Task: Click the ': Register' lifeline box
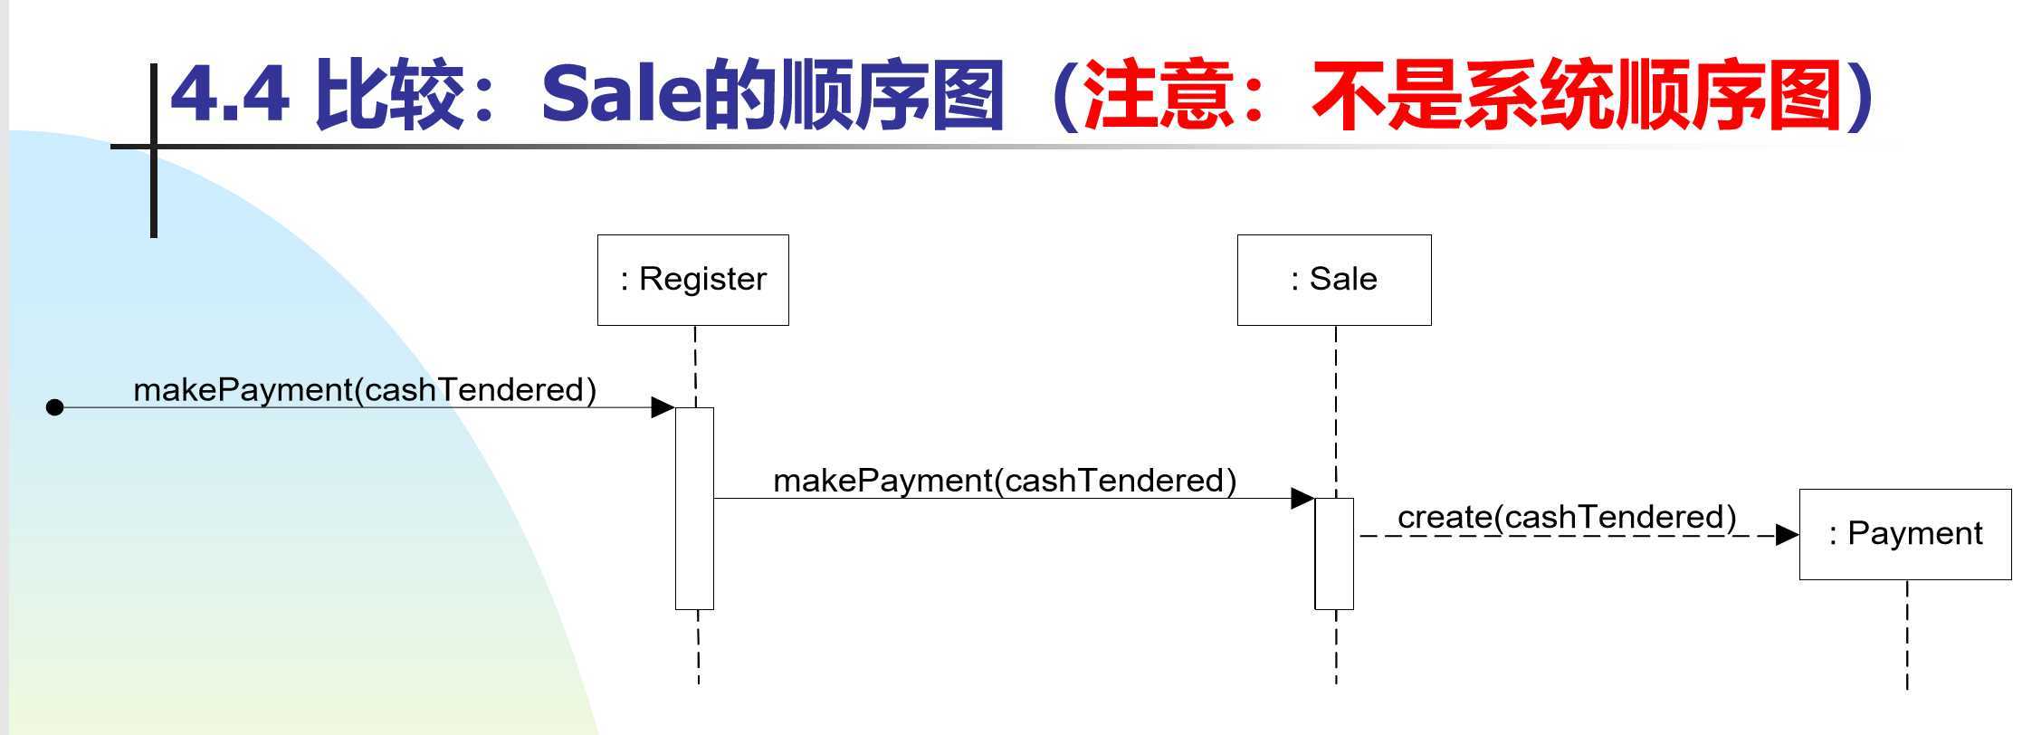[x=692, y=280]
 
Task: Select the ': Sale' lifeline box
[x=1333, y=280]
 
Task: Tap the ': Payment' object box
[x=1904, y=534]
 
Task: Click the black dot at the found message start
[x=54, y=407]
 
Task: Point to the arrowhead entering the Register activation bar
[x=663, y=407]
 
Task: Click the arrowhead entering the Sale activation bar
[x=1302, y=498]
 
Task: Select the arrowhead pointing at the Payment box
[x=1787, y=535]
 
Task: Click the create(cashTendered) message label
[x=1567, y=517]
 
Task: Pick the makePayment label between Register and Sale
[x=1005, y=481]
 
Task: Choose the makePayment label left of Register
[x=365, y=390]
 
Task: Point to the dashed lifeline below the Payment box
[x=1907, y=634]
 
